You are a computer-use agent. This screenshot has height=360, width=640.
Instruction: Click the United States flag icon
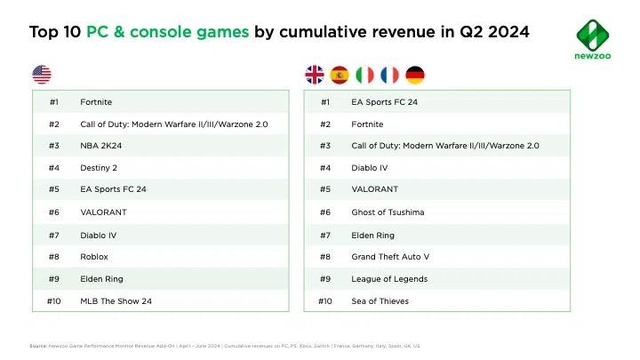pos(42,75)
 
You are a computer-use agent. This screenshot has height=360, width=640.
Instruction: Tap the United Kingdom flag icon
pos(315,75)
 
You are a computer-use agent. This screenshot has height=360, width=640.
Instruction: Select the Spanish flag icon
pos(340,75)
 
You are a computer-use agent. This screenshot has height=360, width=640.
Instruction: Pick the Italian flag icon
pos(364,75)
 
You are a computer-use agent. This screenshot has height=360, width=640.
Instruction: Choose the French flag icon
pos(389,75)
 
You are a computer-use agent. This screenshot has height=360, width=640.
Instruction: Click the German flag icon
pos(414,75)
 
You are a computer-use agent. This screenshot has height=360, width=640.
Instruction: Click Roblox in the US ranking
pos(92,256)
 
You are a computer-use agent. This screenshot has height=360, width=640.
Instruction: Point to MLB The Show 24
pos(116,301)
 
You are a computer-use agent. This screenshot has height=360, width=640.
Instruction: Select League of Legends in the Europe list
pos(389,278)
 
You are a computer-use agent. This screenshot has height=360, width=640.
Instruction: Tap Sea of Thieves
pos(379,301)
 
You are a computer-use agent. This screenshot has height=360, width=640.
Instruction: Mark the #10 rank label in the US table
pos(52,301)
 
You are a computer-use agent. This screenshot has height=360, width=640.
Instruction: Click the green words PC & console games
pos(169,33)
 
